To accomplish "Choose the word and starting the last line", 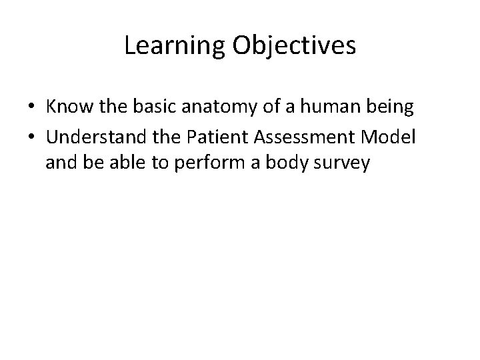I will tap(61, 163).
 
